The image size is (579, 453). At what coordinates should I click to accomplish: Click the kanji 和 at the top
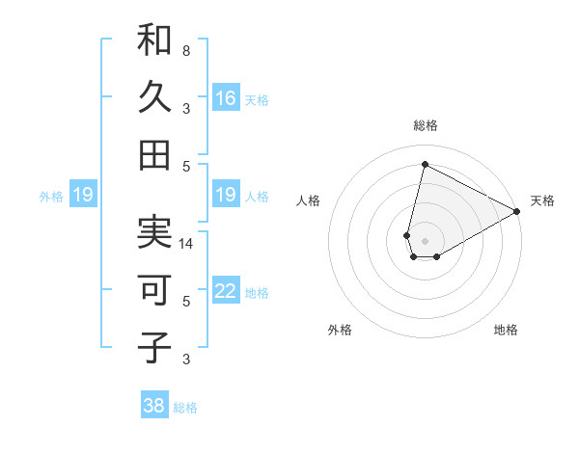pyautogui.click(x=154, y=40)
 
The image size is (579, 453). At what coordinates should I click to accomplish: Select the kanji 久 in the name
pyautogui.click(x=154, y=97)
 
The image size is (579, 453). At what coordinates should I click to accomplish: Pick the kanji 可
pyautogui.click(x=154, y=290)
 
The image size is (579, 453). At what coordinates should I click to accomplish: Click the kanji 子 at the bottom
pyautogui.click(x=154, y=347)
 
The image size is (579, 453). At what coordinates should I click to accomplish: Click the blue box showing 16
pyautogui.click(x=226, y=97)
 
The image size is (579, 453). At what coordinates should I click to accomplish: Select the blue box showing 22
pyautogui.click(x=226, y=291)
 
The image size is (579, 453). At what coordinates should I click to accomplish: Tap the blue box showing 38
pyautogui.click(x=154, y=406)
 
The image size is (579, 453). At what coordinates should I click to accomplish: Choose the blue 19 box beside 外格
pyautogui.click(x=83, y=196)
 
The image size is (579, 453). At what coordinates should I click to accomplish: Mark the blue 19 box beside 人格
pyautogui.click(x=226, y=196)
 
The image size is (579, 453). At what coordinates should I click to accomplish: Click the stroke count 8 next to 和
pyautogui.click(x=186, y=50)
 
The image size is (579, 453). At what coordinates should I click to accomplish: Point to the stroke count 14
pyautogui.click(x=186, y=244)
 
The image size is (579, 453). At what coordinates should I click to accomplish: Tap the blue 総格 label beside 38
pyautogui.click(x=185, y=408)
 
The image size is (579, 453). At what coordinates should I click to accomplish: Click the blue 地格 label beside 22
pyautogui.click(x=257, y=292)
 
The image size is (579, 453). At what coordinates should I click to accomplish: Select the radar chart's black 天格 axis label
pyautogui.click(x=542, y=200)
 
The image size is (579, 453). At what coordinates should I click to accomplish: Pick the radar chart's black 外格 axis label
pyautogui.click(x=340, y=330)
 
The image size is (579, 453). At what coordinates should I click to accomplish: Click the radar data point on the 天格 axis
pyautogui.click(x=517, y=212)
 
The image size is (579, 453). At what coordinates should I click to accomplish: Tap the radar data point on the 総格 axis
pyautogui.click(x=425, y=164)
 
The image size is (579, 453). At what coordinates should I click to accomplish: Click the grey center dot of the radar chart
pyautogui.click(x=425, y=239)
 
